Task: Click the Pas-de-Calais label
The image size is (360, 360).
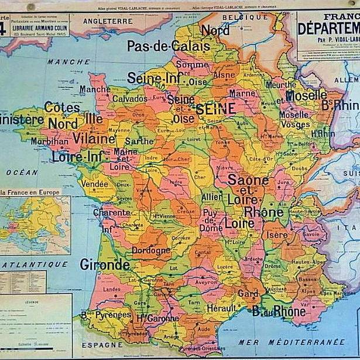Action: [x=168, y=46]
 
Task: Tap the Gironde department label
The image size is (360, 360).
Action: [x=104, y=264]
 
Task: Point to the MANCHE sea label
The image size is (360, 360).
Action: [x=68, y=61]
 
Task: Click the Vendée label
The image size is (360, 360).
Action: [x=95, y=183]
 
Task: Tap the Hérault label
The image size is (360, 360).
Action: [x=222, y=308]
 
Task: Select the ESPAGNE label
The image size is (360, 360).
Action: [x=102, y=345]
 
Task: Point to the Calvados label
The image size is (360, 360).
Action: [x=129, y=99]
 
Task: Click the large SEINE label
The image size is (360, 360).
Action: [x=215, y=108]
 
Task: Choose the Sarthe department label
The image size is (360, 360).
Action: [x=139, y=141]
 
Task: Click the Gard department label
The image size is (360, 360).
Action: [x=248, y=293]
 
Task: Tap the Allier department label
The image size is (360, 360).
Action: [x=212, y=197]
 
